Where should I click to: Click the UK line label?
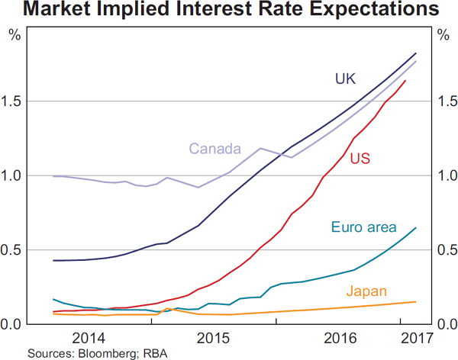346,79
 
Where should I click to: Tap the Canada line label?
215,148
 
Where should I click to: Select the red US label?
360,159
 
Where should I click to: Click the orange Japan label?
366,291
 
